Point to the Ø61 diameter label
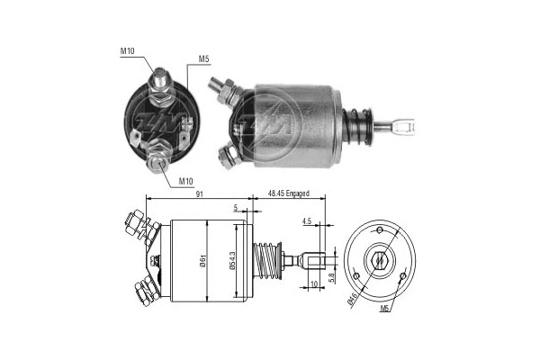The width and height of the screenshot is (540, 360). tap(210, 261)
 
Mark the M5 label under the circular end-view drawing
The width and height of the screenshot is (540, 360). tap(384, 310)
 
